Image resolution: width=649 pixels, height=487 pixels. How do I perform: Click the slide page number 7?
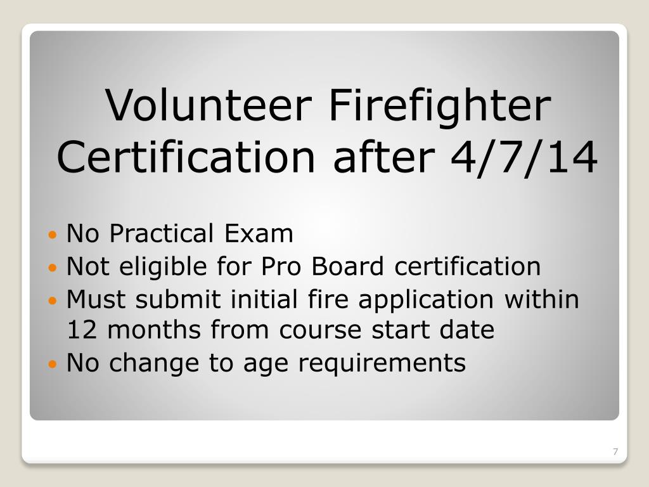click(x=615, y=451)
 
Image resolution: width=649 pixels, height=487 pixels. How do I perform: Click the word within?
click(x=542, y=299)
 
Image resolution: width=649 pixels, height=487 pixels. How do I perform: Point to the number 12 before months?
click(x=80, y=330)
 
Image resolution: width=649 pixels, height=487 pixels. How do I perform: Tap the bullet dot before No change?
click(x=53, y=365)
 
